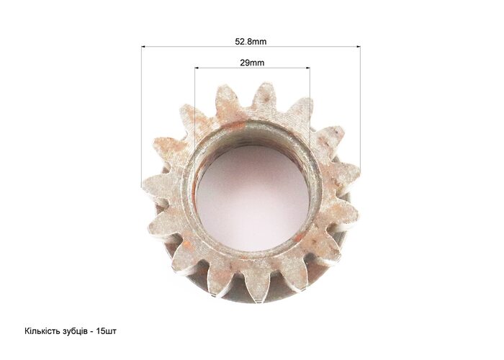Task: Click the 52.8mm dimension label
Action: click(251, 42)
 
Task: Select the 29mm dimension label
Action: click(252, 63)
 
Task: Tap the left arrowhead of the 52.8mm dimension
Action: click(143, 47)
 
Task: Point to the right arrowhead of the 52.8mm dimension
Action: click(359, 47)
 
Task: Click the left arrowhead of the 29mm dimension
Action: click(197, 68)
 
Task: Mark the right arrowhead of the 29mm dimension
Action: click(308, 68)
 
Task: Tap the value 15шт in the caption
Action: click(106, 331)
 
